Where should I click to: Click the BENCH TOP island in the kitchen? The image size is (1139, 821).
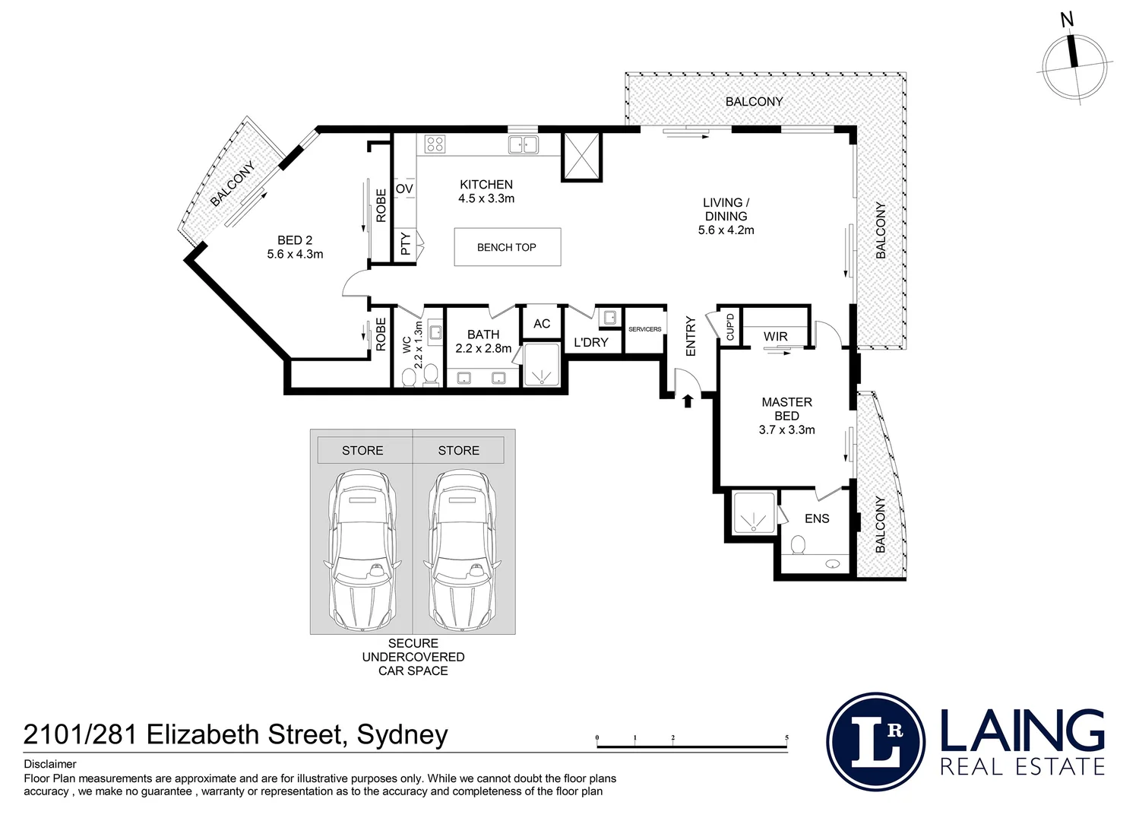508,247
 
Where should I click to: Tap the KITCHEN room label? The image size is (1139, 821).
486,185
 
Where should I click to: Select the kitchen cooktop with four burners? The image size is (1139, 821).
435,144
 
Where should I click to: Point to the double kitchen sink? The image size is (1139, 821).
524,144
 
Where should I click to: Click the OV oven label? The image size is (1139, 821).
404,189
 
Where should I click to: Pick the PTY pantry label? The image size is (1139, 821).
405,244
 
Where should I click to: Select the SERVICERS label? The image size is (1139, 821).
645,329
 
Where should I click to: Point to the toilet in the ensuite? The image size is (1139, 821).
799,545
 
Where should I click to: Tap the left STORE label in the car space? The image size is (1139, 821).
362,451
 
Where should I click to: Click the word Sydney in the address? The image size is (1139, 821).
402,736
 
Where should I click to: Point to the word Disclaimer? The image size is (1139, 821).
50,764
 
